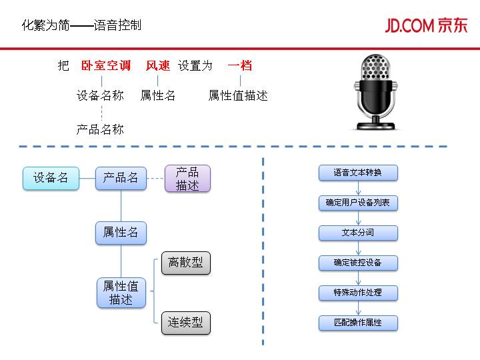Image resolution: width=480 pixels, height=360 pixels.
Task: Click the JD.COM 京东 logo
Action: pos(426,25)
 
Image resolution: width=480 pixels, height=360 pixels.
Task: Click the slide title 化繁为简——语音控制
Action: pos(81,26)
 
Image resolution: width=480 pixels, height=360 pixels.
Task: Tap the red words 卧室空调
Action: pos(105,66)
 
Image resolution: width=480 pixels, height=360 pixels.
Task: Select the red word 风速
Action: pos(158,66)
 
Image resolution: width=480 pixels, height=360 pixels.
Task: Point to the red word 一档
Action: pos(240,66)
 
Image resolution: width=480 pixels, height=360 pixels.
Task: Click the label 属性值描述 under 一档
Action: pos(238,95)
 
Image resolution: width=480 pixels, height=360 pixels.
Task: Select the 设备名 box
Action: pos(51,178)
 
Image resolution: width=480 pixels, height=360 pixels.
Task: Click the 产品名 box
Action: pos(121,178)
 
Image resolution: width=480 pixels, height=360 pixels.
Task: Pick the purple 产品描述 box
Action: pos(187,179)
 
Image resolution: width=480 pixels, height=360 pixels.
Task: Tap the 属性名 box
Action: pos(121,233)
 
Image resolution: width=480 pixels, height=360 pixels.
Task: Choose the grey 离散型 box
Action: pos(186,263)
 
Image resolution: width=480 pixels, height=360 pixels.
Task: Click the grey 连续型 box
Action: pos(186,323)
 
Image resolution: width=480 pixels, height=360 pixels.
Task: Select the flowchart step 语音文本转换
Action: pos(358,173)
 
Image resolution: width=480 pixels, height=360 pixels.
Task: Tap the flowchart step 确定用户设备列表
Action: pos(358,203)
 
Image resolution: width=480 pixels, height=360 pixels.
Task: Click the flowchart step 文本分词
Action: pos(358,233)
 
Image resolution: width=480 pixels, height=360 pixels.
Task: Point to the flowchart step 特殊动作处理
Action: pos(358,293)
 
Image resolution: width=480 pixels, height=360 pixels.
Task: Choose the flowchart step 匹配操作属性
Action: pos(358,323)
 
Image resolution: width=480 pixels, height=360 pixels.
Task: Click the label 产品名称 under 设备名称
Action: pos(100,129)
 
